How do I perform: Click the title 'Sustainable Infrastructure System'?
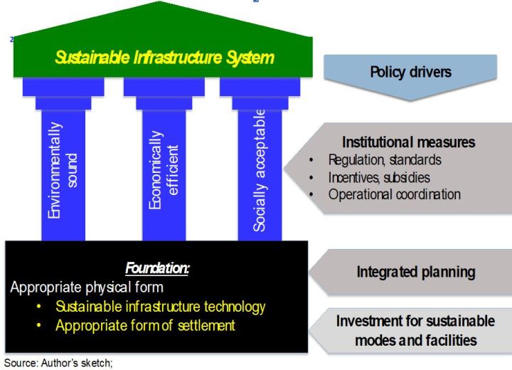pyautogui.click(x=164, y=58)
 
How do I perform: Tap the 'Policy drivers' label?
pyautogui.click(x=410, y=72)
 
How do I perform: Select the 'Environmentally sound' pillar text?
pyautogui.click(x=63, y=170)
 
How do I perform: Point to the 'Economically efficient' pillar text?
pyautogui.click(x=164, y=170)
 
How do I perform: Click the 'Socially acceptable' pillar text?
pyautogui.click(x=260, y=170)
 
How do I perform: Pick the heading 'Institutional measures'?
pyautogui.click(x=408, y=142)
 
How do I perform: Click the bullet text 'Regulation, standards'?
pyautogui.click(x=385, y=160)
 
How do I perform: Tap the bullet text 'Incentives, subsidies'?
pyautogui.click(x=379, y=177)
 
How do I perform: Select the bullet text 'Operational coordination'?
pyautogui.click(x=395, y=194)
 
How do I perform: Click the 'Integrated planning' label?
pyautogui.click(x=416, y=272)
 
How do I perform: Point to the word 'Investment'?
pyautogui.click(x=372, y=321)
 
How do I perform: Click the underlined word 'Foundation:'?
pyautogui.click(x=157, y=268)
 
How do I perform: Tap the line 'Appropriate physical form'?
pyautogui.click(x=87, y=287)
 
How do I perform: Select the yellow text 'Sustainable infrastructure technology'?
pyautogui.click(x=160, y=307)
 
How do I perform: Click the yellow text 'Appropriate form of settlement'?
pyautogui.click(x=145, y=326)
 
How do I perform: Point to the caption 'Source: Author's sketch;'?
pyautogui.click(x=58, y=363)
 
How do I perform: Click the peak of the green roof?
pyautogui.click(x=160, y=1)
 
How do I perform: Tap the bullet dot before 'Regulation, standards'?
pyautogui.click(x=311, y=160)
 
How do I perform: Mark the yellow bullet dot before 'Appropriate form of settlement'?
pyautogui.click(x=39, y=326)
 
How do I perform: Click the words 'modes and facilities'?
pyautogui.click(x=416, y=340)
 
